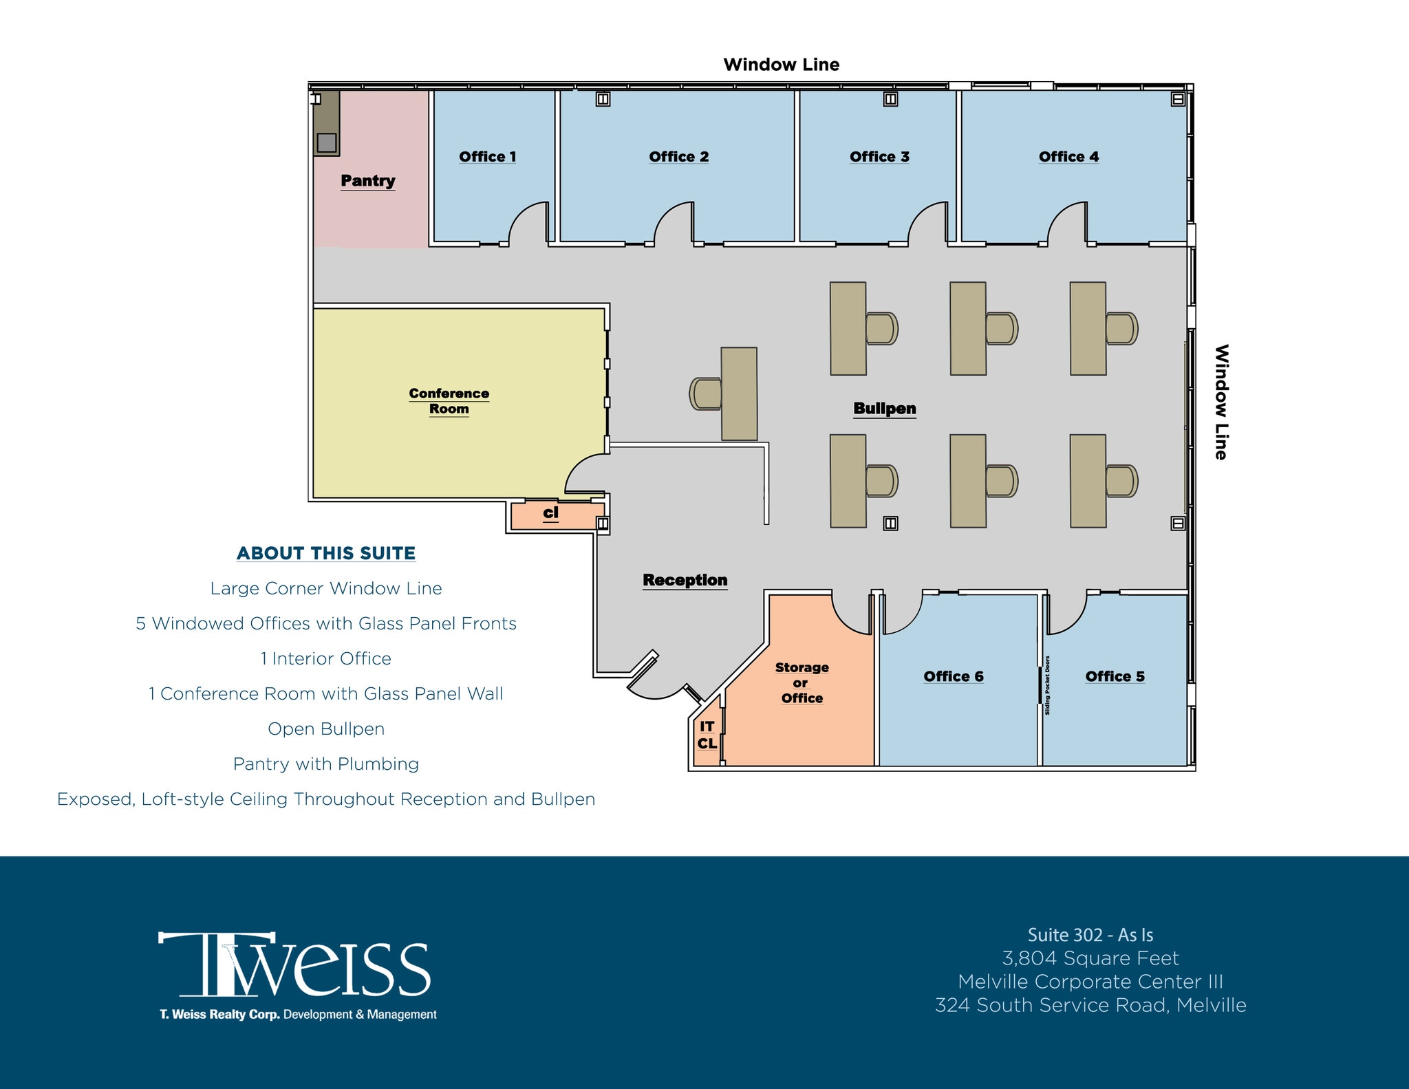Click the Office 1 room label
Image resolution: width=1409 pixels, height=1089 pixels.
click(x=487, y=157)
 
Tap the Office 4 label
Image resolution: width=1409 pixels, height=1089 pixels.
click(x=1068, y=157)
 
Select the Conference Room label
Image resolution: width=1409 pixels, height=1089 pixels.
click(x=449, y=401)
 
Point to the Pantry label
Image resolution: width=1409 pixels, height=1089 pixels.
click(x=368, y=181)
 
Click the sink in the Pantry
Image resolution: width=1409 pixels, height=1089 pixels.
click(x=327, y=142)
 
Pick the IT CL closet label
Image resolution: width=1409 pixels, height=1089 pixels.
click(x=707, y=735)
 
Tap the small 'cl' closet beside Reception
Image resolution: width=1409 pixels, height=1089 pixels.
click(x=551, y=513)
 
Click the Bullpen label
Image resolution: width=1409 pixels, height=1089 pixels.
click(x=884, y=409)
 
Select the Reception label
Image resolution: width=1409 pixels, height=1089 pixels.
click(x=685, y=580)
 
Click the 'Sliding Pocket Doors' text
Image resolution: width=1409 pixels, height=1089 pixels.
click(x=1047, y=685)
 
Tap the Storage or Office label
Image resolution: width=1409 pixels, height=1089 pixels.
click(x=802, y=682)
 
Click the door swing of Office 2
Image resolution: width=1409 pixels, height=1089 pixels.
click(x=672, y=224)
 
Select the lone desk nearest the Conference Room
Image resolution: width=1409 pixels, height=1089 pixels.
click(x=739, y=393)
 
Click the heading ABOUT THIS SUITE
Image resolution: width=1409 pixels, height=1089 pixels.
click(x=326, y=553)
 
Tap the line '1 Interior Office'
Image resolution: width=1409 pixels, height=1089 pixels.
click(x=325, y=658)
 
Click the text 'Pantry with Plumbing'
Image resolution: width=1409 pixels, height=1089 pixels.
click(x=325, y=764)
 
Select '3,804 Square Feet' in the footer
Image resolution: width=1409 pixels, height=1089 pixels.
click(x=1090, y=958)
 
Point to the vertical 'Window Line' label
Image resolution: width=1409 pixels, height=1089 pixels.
click(x=1221, y=402)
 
